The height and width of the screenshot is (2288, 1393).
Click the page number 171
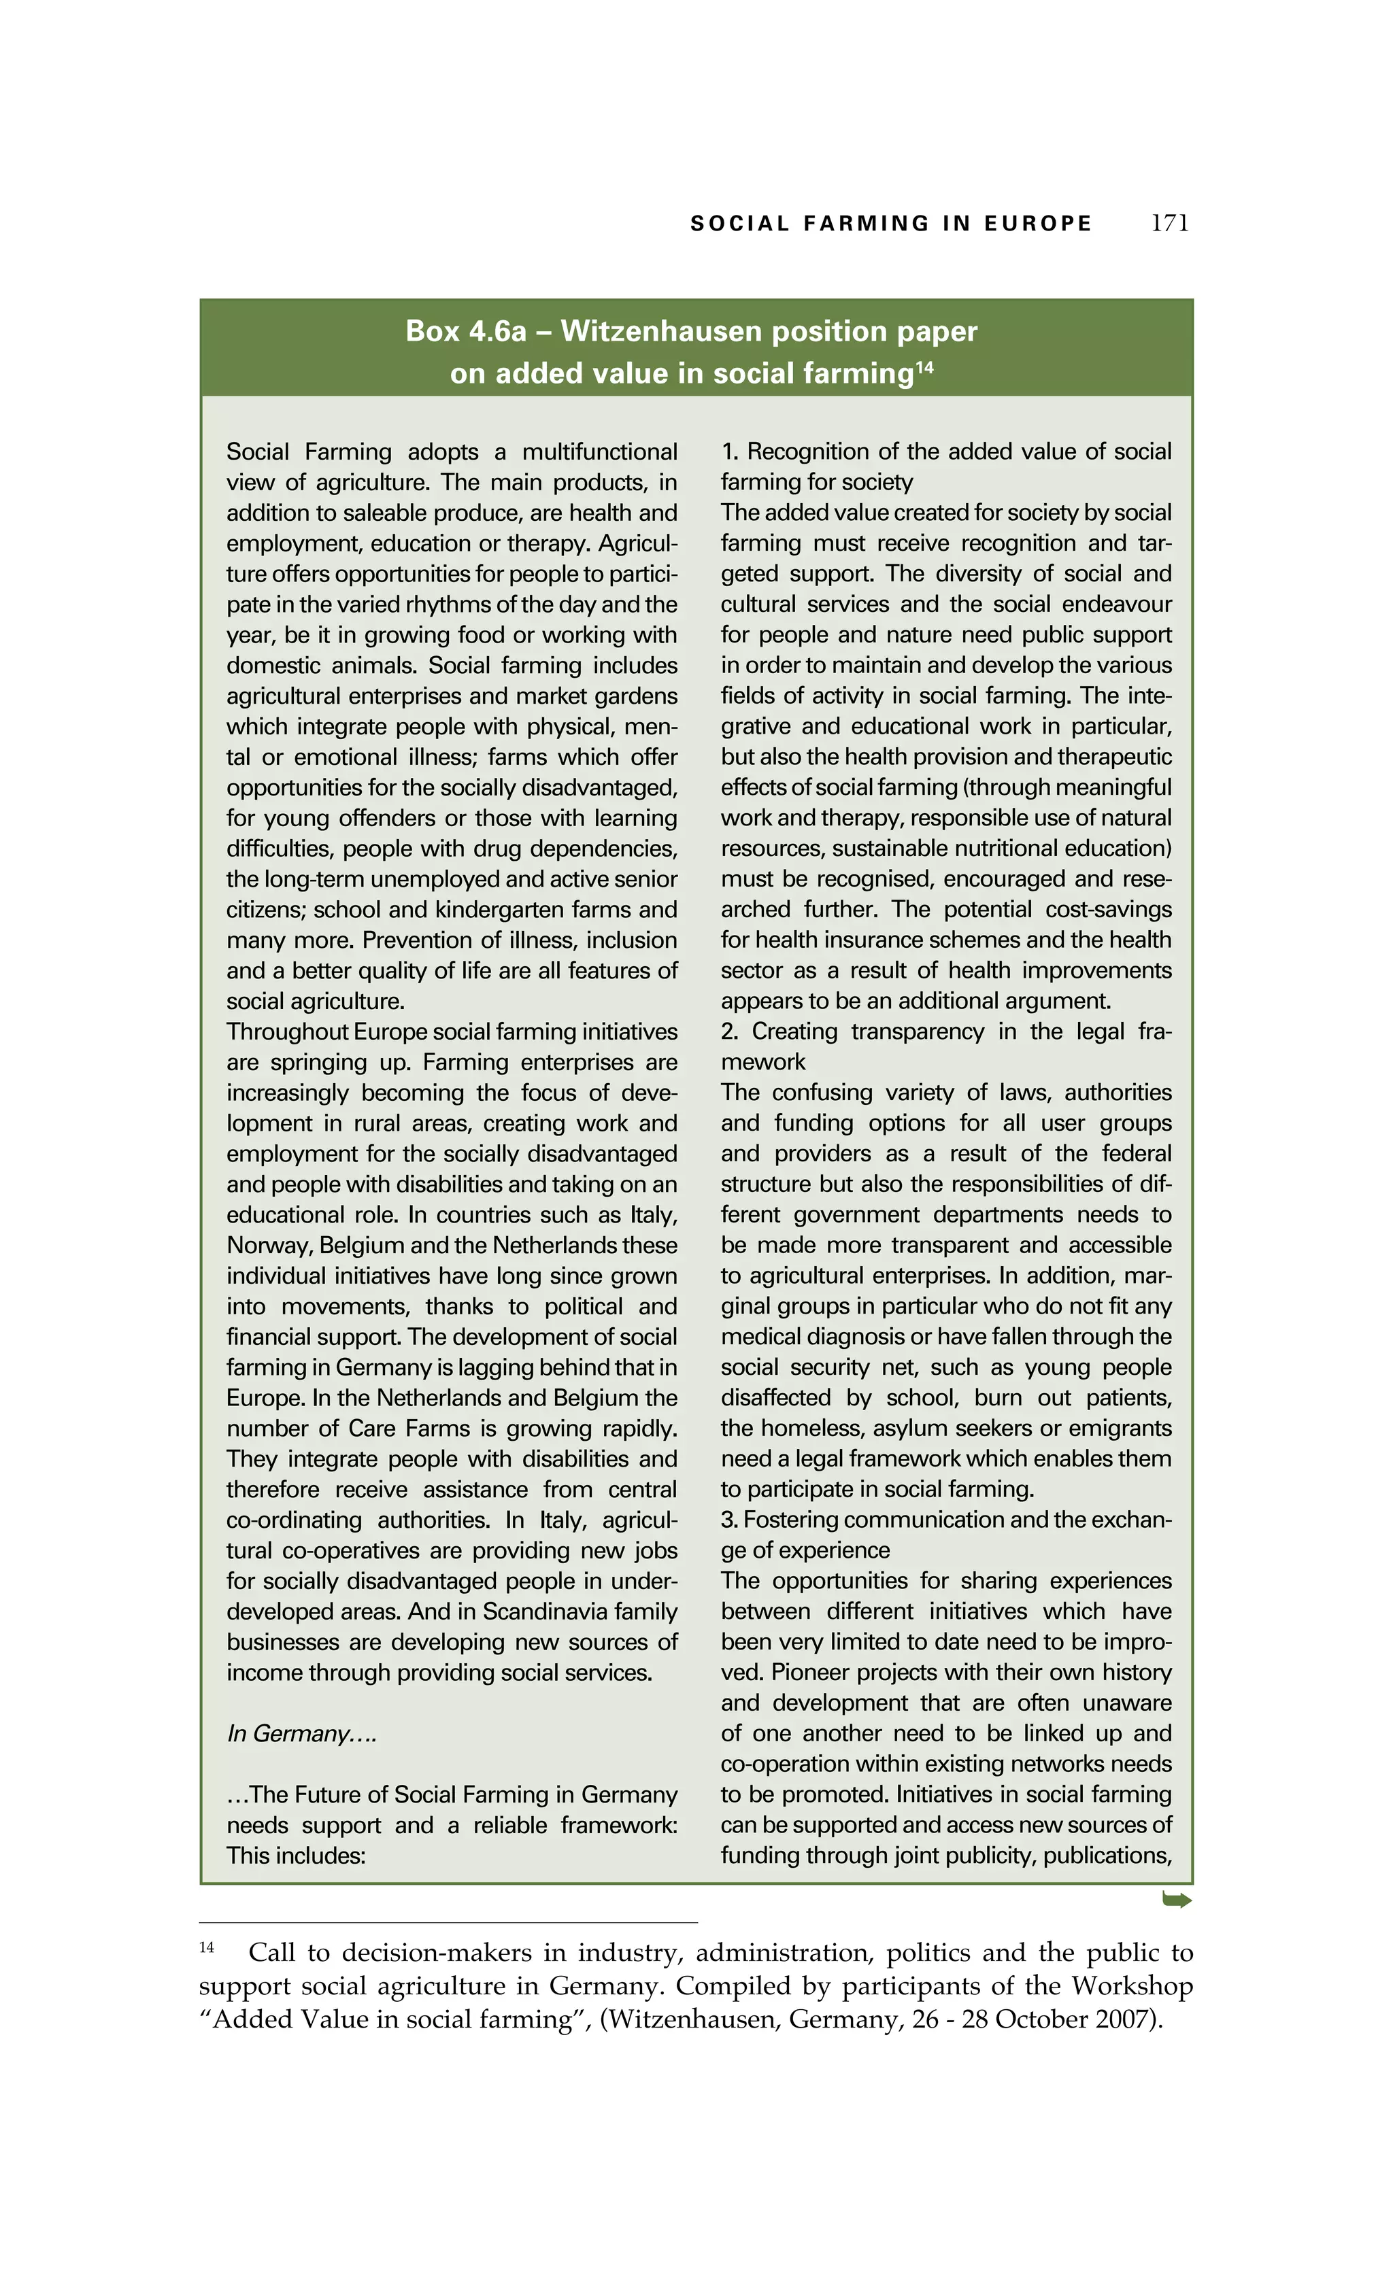1169,224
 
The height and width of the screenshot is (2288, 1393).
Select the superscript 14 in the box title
924,368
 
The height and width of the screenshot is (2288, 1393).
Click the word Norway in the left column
265,1245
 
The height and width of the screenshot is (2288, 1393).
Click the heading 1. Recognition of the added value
945,452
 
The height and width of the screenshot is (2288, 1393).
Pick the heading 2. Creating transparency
945,1031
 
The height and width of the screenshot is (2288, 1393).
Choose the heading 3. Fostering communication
945,1519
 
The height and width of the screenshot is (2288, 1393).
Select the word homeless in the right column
799,1428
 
